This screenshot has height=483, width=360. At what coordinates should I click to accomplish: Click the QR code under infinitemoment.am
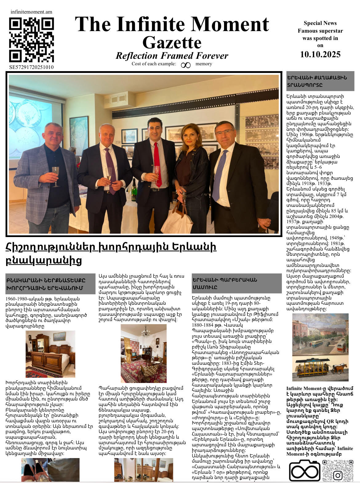[31, 40]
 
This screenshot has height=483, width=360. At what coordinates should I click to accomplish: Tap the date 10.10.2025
[320, 54]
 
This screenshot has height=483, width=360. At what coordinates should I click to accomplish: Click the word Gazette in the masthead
[172, 42]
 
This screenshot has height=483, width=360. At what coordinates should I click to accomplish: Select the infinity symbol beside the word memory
[186, 65]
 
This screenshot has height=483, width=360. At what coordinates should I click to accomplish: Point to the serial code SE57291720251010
[31, 67]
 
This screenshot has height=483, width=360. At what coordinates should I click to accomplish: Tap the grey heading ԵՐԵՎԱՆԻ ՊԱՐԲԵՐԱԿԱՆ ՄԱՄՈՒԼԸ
[236, 283]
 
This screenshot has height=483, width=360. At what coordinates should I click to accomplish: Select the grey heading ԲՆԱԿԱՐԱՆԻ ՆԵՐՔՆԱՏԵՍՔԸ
[50, 284]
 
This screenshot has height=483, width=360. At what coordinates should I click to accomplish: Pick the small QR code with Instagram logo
[338, 470]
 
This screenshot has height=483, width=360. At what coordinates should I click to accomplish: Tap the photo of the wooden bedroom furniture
[50, 354]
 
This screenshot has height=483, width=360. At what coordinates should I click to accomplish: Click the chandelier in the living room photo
[146, 332]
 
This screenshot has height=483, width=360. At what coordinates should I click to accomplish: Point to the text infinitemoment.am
[31, 12]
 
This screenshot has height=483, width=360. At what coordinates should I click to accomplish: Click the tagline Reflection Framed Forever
[172, 56]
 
